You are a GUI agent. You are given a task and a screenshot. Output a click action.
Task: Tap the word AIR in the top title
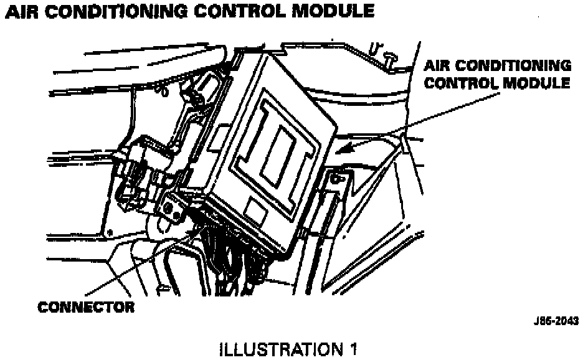(x=21, y=11)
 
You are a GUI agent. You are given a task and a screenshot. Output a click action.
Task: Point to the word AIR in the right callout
(x=440, y=65)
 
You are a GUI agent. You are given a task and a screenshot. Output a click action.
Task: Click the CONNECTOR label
(x=86, y=307)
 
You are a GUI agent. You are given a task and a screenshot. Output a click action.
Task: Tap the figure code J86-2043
(x=556, y=321)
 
